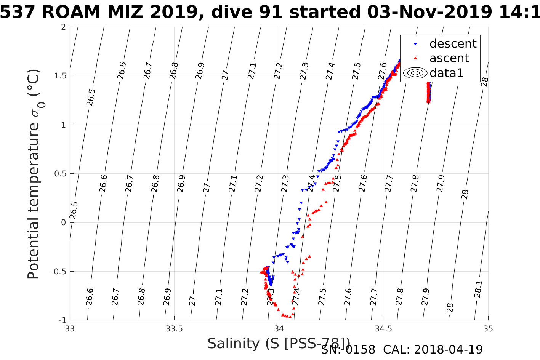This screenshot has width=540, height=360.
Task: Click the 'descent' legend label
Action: tap(453, 44)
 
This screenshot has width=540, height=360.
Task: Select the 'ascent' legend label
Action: tap(449, 58)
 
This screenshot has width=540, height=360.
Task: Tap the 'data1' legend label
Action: tap(446, 73)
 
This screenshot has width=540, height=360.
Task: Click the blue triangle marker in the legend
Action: tap(415, 44)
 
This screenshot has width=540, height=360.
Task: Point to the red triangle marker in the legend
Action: tap(415, 58)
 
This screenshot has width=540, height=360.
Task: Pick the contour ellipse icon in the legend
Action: tap(415, 73)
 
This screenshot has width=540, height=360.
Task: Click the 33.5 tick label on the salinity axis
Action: tap(175, 329)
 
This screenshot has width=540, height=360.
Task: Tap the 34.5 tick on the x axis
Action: tap(384, 329)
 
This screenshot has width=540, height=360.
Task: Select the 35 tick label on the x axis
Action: tap(488, 329)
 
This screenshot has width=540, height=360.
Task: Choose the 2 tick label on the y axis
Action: tap(63, 27)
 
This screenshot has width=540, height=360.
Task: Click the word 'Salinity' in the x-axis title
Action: tap(233, 344)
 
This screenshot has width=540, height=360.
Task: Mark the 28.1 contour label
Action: tap(478, 289)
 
